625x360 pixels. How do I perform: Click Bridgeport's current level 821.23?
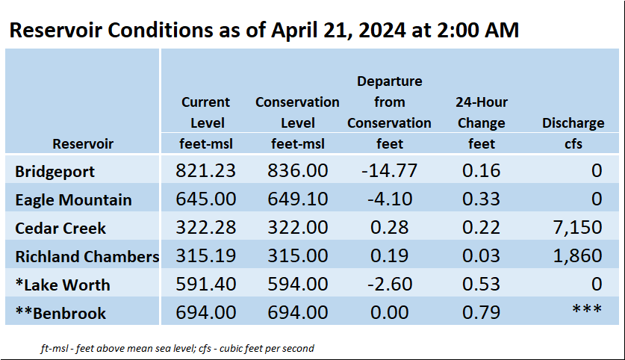(x=205, y=170)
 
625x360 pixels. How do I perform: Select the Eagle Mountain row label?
(x=73, y=199)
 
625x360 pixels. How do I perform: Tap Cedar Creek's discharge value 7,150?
(x=577, y=227)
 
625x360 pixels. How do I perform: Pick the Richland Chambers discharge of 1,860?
(x=577, y=255)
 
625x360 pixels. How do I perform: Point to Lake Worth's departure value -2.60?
(x=390, y=284)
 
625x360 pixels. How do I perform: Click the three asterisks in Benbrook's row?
(x=587, y=309)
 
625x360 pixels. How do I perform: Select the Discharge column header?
(x=573, y=122)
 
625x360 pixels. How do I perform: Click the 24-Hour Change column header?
(x=482, y=113)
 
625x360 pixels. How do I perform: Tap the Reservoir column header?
(x=83, y=143)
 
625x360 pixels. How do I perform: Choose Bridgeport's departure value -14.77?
(x=390, y=170)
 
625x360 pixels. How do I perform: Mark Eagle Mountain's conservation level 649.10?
(x=298, y=199)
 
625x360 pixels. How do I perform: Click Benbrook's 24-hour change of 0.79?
(x=481, y=312)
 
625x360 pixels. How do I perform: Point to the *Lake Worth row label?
(x=63, y=285)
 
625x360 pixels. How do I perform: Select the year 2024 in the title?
(x=382, y=31)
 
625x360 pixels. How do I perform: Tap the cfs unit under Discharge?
(x=573, y=143)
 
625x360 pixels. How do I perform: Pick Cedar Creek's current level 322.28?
(x=205, y=227)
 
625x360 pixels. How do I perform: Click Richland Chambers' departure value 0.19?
(x=390, y=255)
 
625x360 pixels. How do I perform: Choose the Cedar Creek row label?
(x=60, y=228)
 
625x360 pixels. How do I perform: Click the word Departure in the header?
(x=390, y=81)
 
